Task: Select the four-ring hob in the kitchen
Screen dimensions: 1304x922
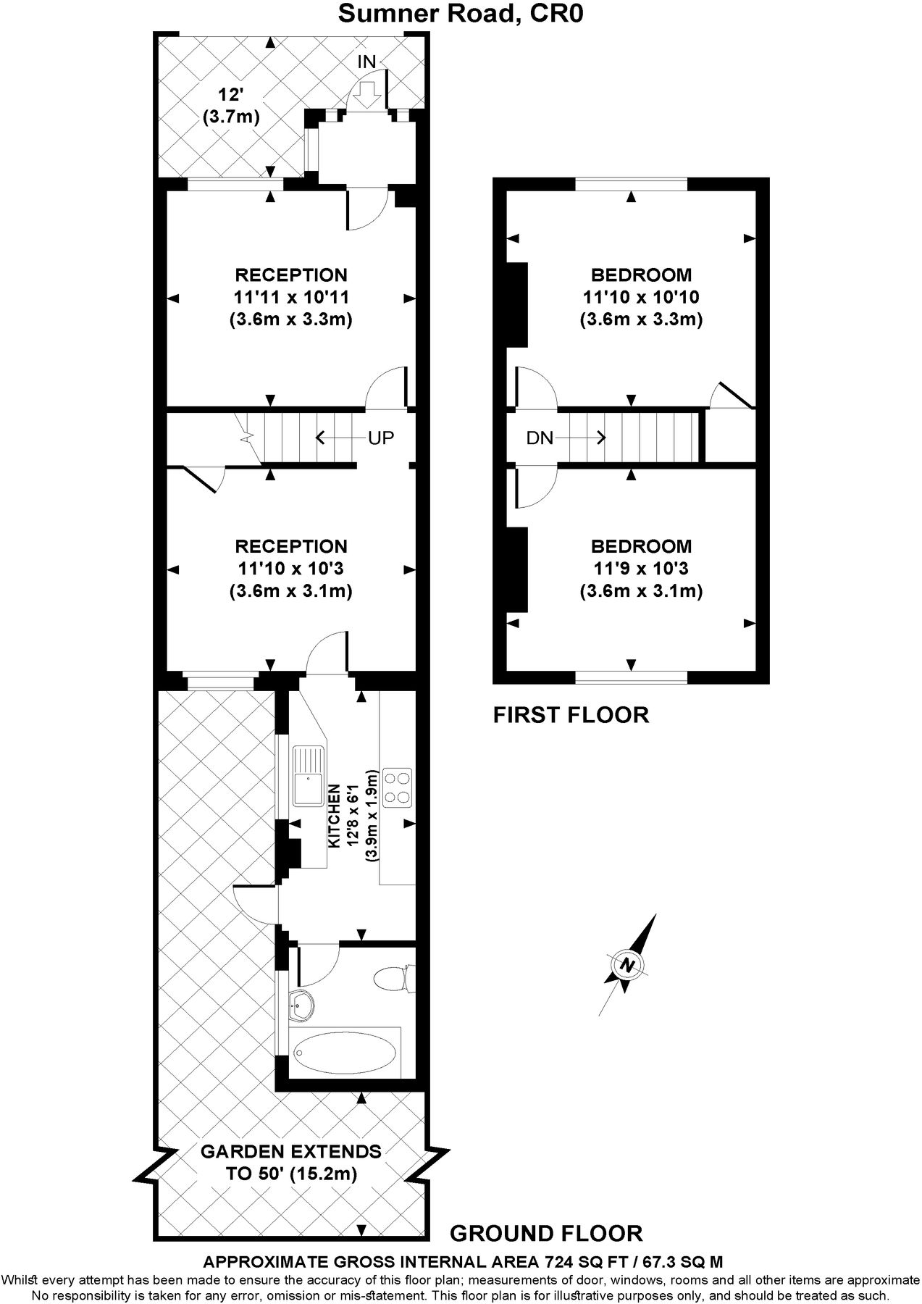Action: click(397, 787)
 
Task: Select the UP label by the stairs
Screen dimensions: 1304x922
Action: click(381, 438)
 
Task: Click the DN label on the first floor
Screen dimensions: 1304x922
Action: click(540, 438)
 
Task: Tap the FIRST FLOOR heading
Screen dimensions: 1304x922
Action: click(571, 715)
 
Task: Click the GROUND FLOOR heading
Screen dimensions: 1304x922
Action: click(546, 1233)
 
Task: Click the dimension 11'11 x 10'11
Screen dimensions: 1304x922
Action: click(290, 297)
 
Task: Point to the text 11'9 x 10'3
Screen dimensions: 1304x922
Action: click(641, 569)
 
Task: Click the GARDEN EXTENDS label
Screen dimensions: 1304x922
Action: click(290, 1151)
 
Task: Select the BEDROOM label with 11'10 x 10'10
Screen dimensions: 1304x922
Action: click(641, 275)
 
